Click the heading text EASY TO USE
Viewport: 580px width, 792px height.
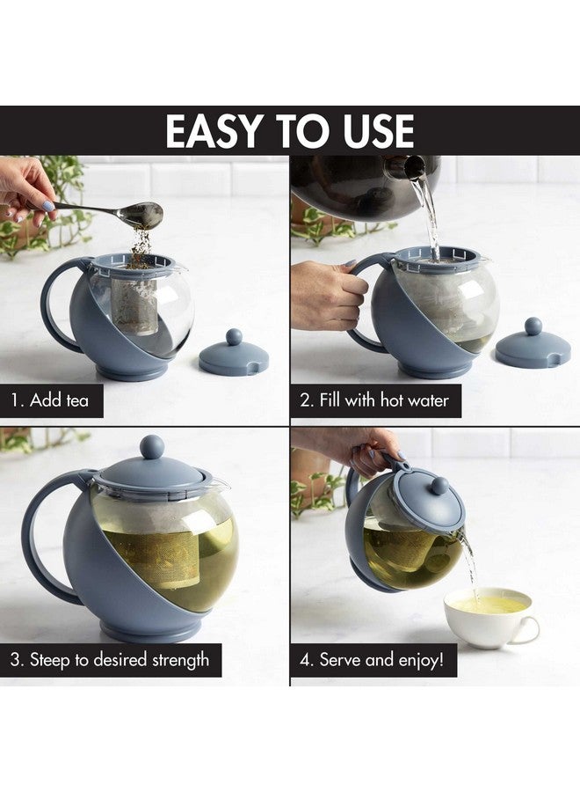point(289,131)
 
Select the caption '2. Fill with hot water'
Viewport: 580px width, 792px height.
point(373,400)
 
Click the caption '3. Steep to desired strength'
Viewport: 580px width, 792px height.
point(110,659)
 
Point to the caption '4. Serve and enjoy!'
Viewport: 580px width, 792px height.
point(373,659)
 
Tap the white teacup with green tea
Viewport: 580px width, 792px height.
point(488,616)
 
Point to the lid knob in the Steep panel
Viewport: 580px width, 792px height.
point(152,446)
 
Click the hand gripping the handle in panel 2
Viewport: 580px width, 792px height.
point(325,295)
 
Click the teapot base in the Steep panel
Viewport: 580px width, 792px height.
point(149,630)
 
